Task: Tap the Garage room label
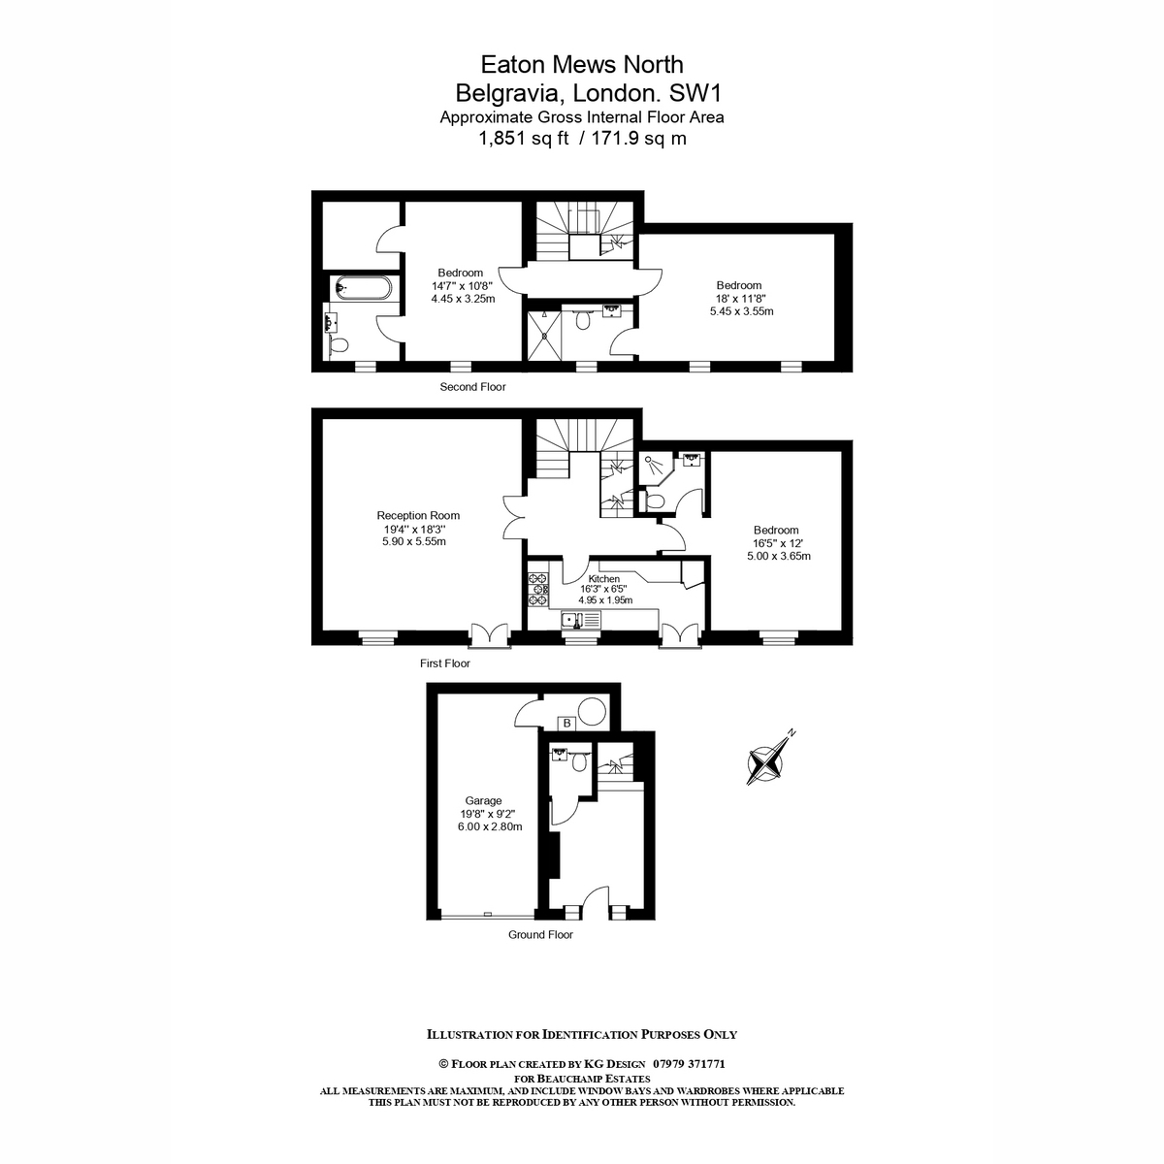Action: point(483,801)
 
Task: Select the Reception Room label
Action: point(418,515)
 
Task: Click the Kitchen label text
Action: point(604,579)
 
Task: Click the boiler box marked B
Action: point(566,723)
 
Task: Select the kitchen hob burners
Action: point(538,589)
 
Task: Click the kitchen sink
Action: point(581,620)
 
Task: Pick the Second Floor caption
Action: point(472,387)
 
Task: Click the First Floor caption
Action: point(444,663)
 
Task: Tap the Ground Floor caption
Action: point(540,934)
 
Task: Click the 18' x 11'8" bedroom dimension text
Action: point(739,299)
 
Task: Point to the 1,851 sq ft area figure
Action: point(524,139)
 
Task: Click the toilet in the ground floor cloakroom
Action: point(580,763)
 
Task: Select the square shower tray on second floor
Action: point(542,336)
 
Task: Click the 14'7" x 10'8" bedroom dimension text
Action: point(462,286)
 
